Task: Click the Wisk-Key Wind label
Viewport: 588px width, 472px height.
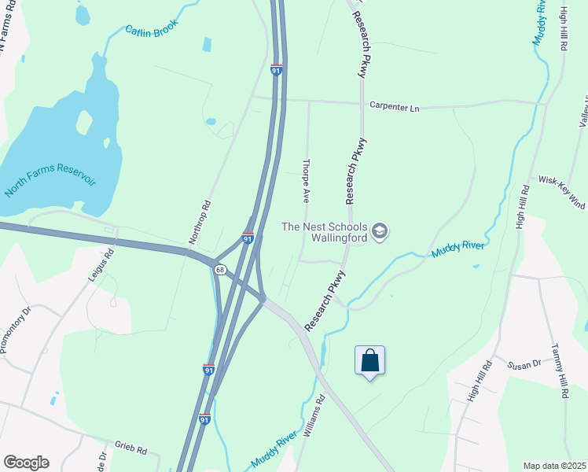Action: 562,186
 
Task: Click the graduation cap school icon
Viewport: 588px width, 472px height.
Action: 380,231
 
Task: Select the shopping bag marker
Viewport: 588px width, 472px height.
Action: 370,361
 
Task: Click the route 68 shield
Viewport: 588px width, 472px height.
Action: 219,270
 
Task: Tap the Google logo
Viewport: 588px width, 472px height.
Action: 26,463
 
